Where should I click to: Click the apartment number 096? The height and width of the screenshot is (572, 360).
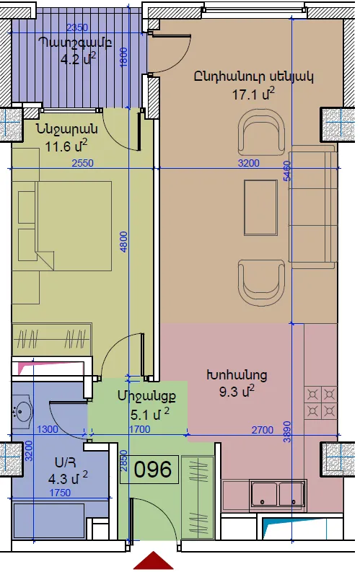click(152, 469)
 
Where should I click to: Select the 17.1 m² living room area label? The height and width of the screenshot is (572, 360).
click(253, 94)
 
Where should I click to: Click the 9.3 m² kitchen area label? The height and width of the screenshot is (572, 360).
click(237, 392)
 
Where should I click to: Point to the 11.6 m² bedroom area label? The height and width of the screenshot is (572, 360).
click(66, 146)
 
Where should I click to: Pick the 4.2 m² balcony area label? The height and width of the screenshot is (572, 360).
click(78, 58)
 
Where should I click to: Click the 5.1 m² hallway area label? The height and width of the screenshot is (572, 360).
click(150, 414)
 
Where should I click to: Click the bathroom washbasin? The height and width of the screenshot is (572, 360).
click(22, 412)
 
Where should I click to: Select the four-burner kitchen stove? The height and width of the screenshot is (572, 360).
click(320, 402)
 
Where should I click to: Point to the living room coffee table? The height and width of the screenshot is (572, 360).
click(260, 207)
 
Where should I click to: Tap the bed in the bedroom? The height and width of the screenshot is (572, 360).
click(61, 226)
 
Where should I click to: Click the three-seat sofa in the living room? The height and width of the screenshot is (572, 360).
click(313, 207)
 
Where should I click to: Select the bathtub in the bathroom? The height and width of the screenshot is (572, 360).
click(50, 521)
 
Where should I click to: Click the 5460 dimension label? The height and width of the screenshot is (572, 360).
click(287, 171)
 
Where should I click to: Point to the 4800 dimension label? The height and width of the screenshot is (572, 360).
click(123, 242)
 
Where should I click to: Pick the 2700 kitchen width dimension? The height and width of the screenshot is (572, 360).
click(263, 430)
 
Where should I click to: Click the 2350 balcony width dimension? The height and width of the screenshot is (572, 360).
click(77, 27)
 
